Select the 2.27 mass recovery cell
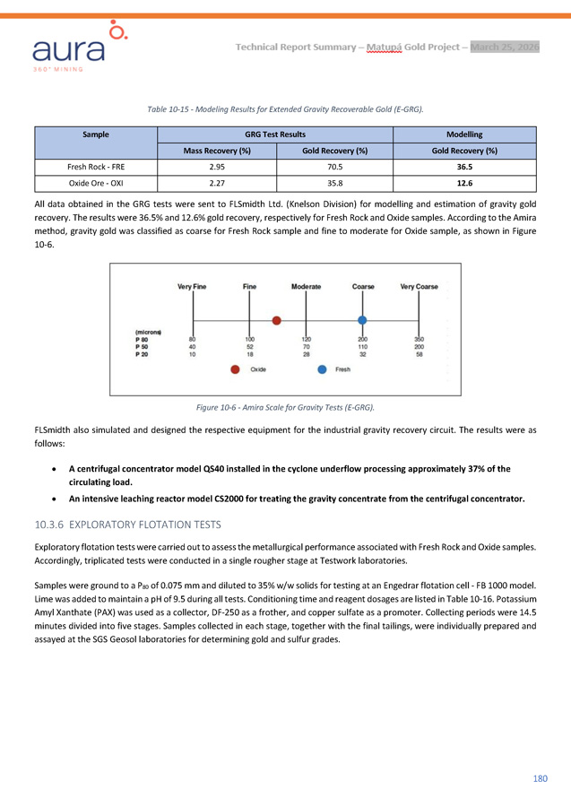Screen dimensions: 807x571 pyautogui.click(x=216, y=183)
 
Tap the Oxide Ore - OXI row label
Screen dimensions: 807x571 pyautogui.click(x=96, y=183)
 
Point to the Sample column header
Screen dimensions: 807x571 pyautogui.click(x=96, y=134)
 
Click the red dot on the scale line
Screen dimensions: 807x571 pyautogui.click(x=277, y=320)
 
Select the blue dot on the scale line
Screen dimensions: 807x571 pyautogui.click(x=362, y=320)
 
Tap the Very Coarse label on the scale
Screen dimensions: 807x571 pyautogui.click(x=419, y=287)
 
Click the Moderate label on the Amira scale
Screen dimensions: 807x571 pyautogui.click(x=307, y=287)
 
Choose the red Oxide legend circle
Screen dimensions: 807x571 pyautogui.click(x=235, y=369)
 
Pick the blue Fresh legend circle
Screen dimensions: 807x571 pyautogui.click(x=321, y=369)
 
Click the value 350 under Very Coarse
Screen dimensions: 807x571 pyautogui.click(x=419, y=340)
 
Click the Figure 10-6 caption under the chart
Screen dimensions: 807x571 pyautogui.click(x=285, y=408)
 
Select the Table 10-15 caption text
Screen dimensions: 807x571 pyautogui.click(x=285, y=108)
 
